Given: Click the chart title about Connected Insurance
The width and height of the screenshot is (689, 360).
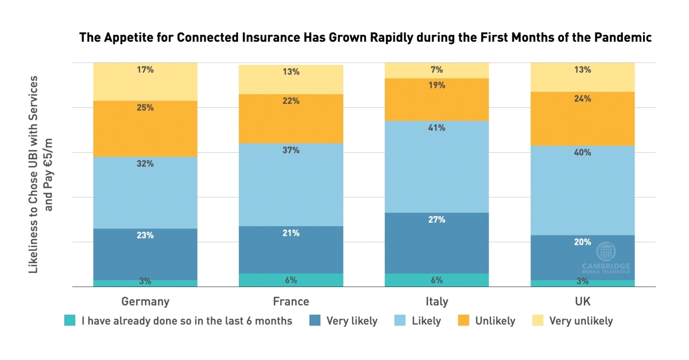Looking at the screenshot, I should point(366,38).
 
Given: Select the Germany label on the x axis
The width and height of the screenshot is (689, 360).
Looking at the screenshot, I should point(145,301).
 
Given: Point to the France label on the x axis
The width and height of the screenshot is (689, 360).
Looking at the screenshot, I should point(291,301).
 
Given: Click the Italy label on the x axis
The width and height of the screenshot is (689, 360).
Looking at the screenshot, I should point(437,301).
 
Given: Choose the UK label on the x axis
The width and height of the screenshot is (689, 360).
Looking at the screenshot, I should point(582,301).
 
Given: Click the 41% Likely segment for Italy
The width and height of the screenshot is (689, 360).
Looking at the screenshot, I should point(437,167).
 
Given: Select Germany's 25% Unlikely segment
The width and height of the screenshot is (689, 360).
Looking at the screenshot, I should point(145,129).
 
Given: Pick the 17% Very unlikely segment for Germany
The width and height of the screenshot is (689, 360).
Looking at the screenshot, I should point(145,82).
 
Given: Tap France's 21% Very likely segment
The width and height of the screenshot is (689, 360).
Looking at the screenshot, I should point(291,250).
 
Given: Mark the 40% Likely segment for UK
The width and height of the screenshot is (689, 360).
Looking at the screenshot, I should point(582,190).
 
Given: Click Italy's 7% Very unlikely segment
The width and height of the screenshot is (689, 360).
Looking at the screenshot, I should point(437,70).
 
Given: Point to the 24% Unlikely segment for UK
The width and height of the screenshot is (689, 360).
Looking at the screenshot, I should point(582,118).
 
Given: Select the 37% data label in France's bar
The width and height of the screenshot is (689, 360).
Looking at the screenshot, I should point(291,150).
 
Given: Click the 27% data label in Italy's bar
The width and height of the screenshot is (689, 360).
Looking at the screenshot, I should point(437,219).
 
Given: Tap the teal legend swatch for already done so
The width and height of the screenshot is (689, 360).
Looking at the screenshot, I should point(70,321).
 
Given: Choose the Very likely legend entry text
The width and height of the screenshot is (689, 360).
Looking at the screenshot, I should point(352,321).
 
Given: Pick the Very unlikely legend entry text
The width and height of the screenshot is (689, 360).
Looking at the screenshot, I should point(581,321).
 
